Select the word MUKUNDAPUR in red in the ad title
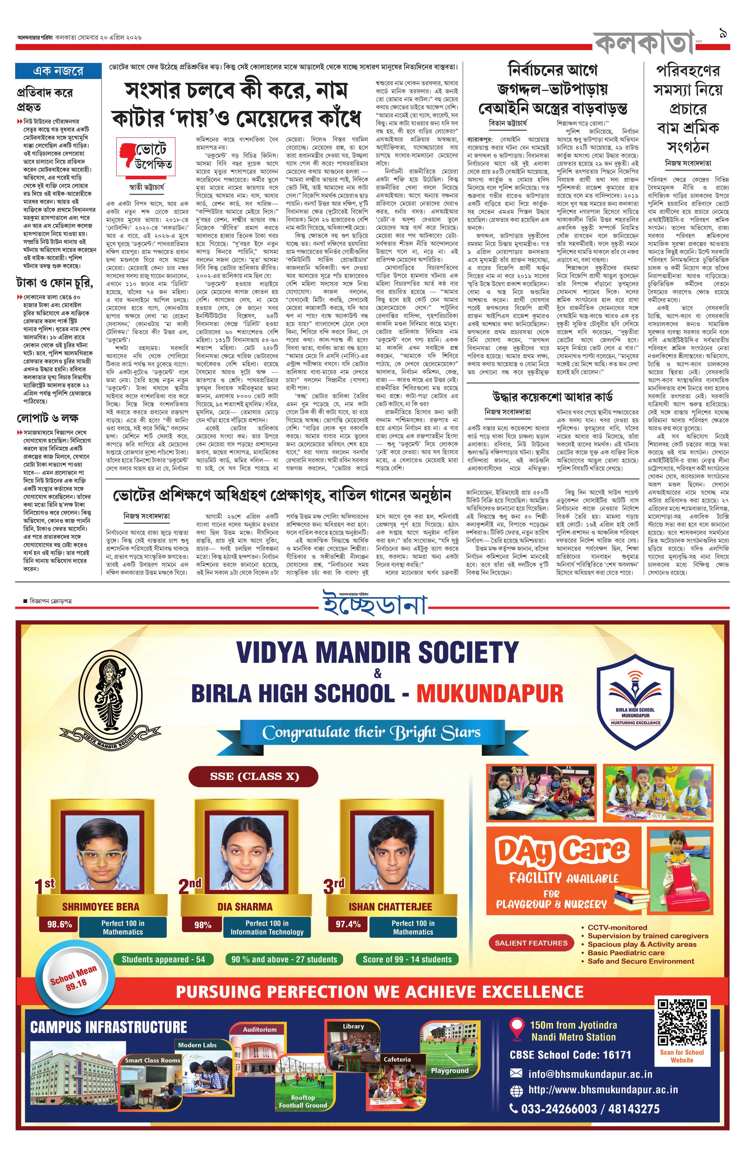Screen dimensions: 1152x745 tap(490, 693)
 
